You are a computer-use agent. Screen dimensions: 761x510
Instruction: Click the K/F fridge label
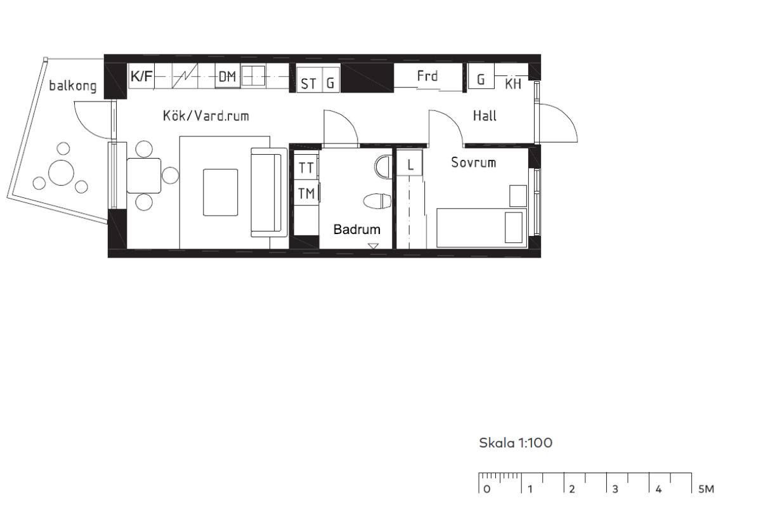(x=141, y=76)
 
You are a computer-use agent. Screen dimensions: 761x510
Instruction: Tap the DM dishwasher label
(x=227, y=77)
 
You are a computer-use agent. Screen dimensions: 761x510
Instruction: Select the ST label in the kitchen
(x=308, y=84)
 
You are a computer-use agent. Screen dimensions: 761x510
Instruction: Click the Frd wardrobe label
(x=427, y=76)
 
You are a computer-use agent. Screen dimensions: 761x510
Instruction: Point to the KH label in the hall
(x=513, y=84)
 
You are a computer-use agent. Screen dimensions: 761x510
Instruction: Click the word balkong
(x=73, y=85)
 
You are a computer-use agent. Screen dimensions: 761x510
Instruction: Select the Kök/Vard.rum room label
(x=206, y=116)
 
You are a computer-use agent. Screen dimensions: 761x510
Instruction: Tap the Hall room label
(x=485, y=116)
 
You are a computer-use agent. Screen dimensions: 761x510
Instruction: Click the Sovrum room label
(x=473, y=162)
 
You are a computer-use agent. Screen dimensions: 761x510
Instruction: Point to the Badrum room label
(x=356, y=230)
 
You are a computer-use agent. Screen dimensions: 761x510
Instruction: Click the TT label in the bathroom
(x=306, y=168)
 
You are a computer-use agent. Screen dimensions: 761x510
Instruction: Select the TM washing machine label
(x=306, y=193)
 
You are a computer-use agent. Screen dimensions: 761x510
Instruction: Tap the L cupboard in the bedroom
(x=410, y=163)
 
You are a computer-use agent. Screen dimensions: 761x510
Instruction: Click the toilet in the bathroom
(x=377, y=201)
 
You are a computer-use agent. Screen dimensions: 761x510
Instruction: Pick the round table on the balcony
(x=61, y=173)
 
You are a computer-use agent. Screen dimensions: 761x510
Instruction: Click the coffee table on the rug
(x=221, y=192)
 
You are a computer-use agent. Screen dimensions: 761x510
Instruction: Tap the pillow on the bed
(x=514, y=228)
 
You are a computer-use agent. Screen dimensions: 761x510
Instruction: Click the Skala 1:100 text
(x=516, y=443)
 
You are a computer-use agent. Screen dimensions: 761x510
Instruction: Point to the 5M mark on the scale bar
(x=706, y=489)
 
